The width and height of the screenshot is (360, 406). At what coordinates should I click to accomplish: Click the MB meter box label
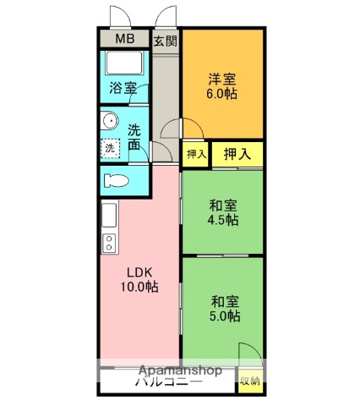coord(124,39)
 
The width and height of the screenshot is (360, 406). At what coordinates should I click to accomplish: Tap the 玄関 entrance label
coord(165,40)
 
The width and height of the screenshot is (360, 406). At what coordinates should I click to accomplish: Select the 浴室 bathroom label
coord(123,87)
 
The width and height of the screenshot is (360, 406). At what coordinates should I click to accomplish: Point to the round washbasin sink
coord(109,122)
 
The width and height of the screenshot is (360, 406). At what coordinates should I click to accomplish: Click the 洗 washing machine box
coord(110,147)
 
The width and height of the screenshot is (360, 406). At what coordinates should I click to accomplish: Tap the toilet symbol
coord(118,179)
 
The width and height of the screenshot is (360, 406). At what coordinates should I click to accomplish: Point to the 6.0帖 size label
coord(223,95)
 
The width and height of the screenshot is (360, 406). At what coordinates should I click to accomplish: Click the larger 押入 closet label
coord(237,153)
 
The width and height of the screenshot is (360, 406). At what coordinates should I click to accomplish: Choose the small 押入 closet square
coord(195,154)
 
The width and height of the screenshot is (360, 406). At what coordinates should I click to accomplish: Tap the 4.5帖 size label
coord(223,220)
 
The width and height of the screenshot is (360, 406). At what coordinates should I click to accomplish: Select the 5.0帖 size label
coord(224,316)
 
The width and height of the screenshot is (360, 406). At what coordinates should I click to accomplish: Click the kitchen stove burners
coord(109,244)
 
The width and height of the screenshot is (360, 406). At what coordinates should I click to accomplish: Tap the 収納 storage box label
coord(248,381)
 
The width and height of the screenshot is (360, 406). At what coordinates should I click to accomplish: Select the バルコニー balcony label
coord(168,383)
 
